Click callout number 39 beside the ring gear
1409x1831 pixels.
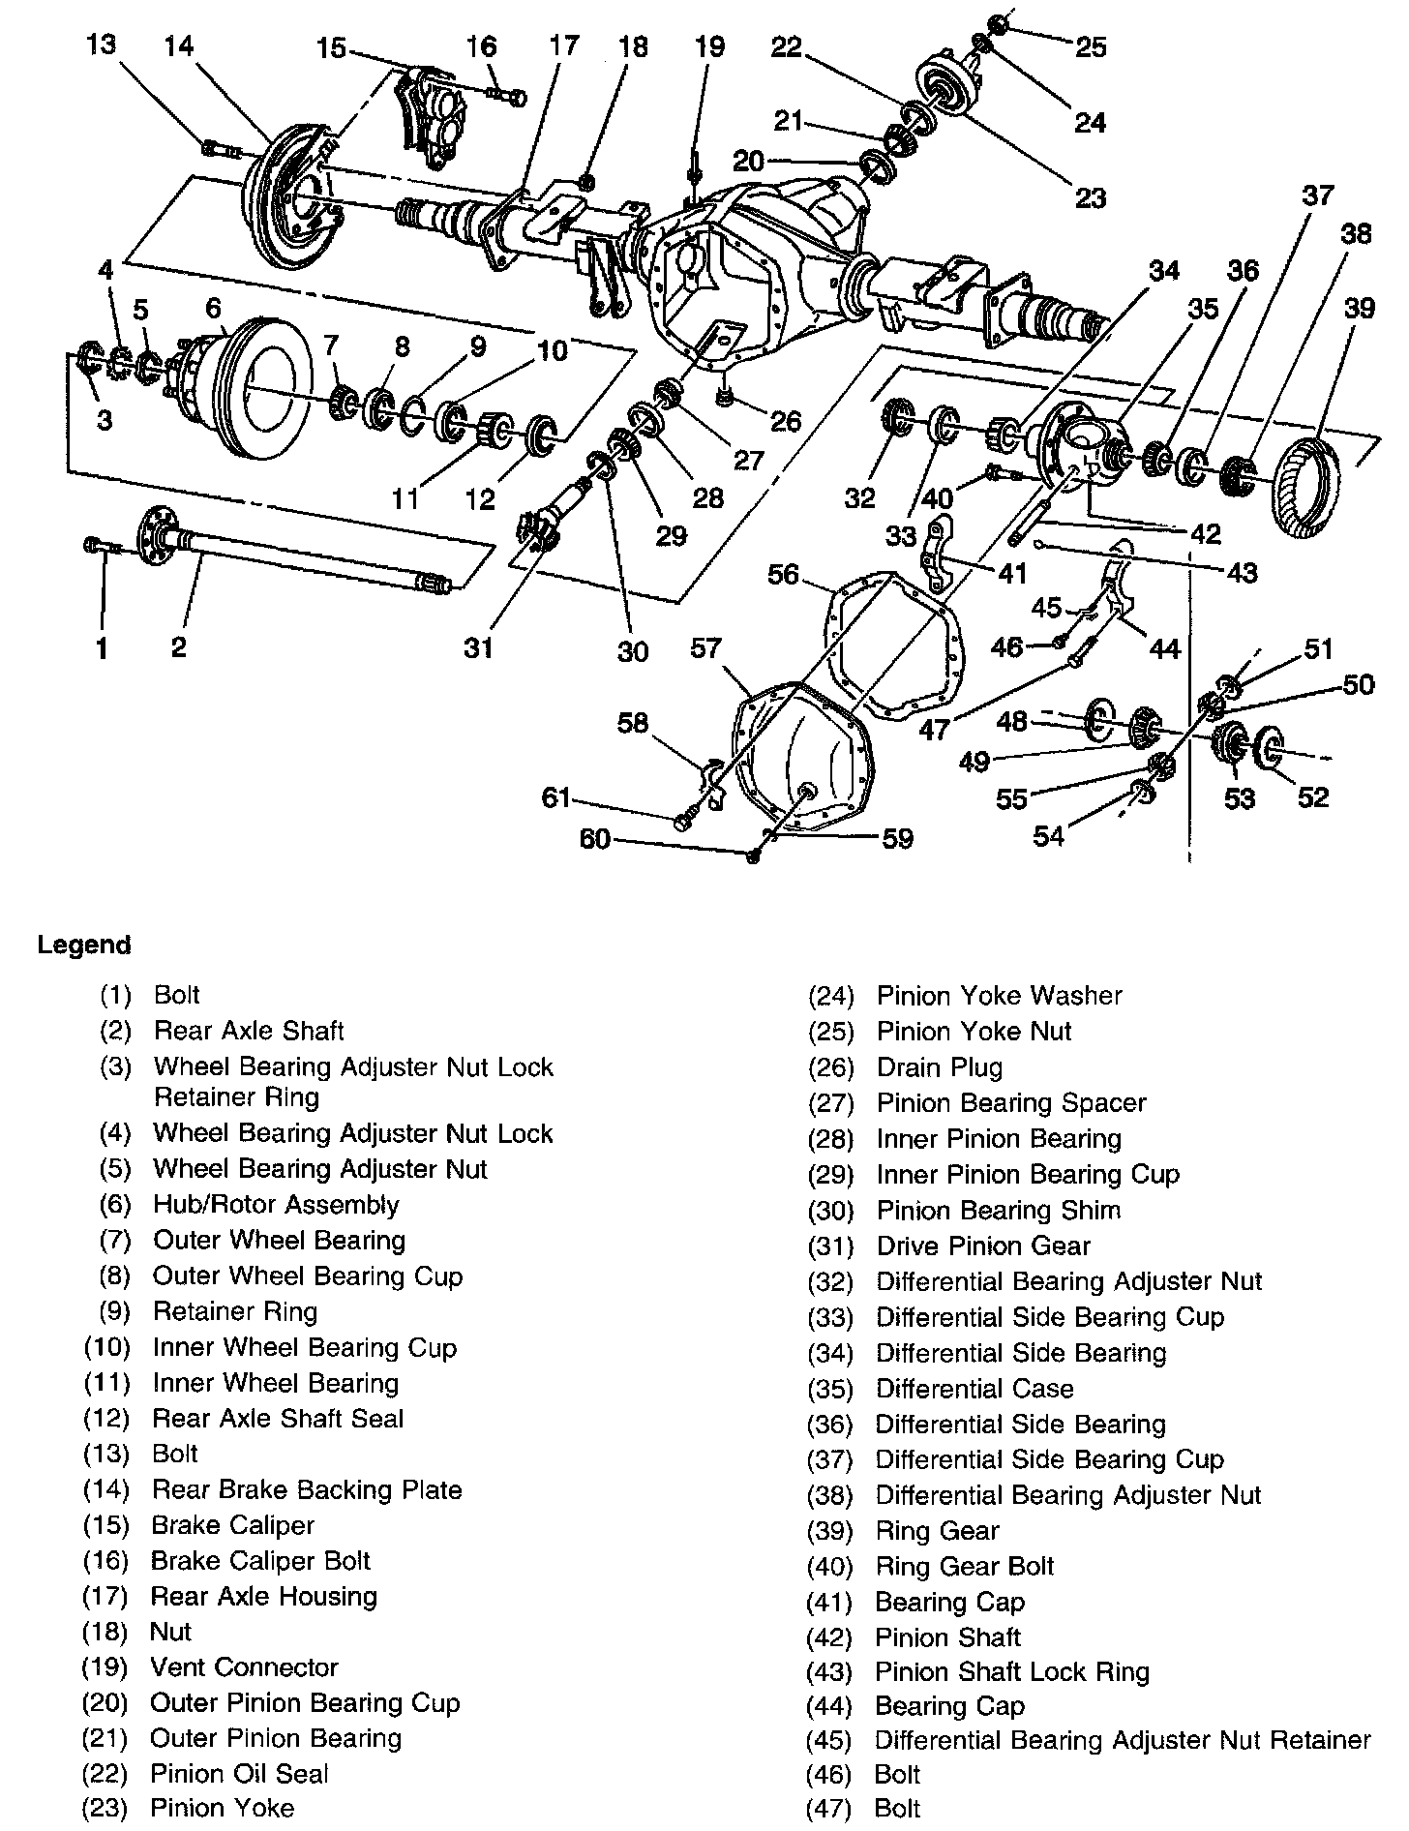click(1359, 309)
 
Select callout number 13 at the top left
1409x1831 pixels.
click(101, 45)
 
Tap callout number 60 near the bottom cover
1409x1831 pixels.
click(594, 838)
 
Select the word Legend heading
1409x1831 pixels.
click(84, 945)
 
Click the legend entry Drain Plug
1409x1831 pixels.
click(939, 1067)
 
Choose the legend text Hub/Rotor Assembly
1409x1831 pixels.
click(276, 1205)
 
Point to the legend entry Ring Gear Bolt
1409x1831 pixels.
click(964, 1566)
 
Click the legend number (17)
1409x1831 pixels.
click(105, 1596)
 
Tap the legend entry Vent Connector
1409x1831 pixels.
click(244, 1667)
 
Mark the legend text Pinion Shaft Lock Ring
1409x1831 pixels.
click(1011, 1672)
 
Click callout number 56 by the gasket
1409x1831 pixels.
click(783, 575)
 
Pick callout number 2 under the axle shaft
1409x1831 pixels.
click(178, 646)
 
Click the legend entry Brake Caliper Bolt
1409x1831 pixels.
click(260, 1561)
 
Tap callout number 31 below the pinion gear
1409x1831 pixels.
click(478, 646)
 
